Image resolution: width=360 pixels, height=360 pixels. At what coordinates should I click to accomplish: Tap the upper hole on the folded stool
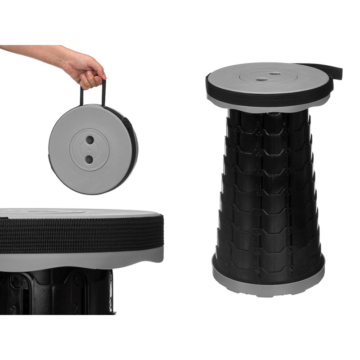[89, 140]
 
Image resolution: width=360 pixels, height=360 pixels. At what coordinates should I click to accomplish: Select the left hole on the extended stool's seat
[261, 79]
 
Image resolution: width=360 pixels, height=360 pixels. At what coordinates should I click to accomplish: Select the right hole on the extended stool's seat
[274, 73]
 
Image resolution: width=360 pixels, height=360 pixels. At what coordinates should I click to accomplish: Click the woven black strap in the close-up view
[81, 234]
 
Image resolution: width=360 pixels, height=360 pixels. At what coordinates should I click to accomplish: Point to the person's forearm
[31, 52]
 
